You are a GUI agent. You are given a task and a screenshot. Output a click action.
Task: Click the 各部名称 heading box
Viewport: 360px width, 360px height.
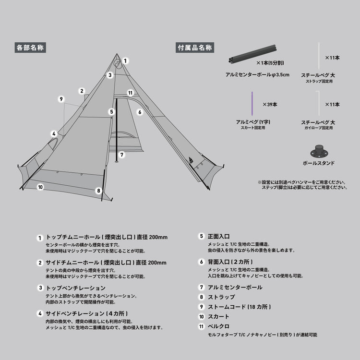click(31, 48)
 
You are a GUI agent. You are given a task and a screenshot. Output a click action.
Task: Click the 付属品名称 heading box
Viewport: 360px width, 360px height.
click(195, 48)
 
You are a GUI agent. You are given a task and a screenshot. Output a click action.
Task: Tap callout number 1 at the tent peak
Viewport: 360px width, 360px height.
click(125, 61)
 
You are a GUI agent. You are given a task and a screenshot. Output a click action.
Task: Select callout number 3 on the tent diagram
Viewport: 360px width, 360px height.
click(110, 75)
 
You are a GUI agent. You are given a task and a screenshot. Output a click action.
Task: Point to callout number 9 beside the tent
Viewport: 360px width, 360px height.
click(61, 99)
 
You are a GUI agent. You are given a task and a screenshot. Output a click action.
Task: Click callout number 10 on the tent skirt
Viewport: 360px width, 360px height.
click(40, 187)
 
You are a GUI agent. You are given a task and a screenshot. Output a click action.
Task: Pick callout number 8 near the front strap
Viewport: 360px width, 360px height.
click(98, 191)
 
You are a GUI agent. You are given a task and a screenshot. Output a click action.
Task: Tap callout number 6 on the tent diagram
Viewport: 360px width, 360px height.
click(140, 112)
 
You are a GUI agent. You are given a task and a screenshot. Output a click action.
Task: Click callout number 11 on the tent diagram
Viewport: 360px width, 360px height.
click(130, 93)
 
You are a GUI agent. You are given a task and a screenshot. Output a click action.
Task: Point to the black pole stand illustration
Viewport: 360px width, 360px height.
click(319, 150)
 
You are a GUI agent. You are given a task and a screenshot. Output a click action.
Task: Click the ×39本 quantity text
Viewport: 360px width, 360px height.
click(270, 104)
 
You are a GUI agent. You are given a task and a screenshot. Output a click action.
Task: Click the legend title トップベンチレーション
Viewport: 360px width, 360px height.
click(75, 288)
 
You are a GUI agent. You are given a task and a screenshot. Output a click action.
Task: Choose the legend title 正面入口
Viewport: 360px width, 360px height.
click(219, 237)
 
